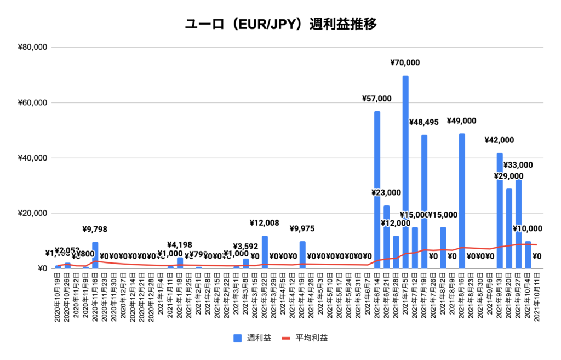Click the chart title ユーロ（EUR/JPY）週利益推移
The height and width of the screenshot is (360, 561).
(x=280, y=25)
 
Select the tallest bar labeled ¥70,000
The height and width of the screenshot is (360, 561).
(x=405, y=164)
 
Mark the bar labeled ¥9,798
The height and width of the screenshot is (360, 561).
(x=95, y=255)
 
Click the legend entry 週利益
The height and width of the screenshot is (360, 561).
(x=253, y=338)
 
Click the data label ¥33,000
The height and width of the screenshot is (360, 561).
(x=518, y=165)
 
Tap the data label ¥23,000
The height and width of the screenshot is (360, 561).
(x=386, y=193)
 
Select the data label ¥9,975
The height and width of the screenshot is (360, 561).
(x=302, y=228)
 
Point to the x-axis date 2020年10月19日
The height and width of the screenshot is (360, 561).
(x=58, y=298)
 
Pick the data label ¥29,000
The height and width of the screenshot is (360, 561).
(x=508, y=176)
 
